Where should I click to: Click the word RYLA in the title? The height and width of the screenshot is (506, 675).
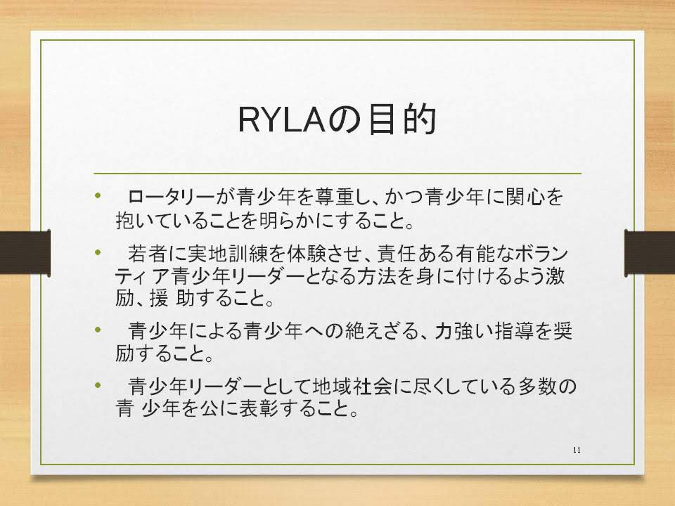281,120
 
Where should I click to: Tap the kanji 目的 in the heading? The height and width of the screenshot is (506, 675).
402,120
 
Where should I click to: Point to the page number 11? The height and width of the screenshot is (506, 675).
577,450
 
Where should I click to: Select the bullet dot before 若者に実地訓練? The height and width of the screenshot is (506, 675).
98,252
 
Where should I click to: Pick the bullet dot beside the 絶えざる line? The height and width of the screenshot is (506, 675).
98,330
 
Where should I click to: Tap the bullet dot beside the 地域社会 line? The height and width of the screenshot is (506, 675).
98,384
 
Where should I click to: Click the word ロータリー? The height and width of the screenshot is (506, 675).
172,197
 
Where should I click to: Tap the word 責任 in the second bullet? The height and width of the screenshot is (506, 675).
396,254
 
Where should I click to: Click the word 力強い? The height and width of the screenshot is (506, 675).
463,331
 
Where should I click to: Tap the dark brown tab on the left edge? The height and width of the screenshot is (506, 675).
25,252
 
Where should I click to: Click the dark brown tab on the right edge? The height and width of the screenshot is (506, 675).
650,252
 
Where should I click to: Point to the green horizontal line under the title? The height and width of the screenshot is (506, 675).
337,174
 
